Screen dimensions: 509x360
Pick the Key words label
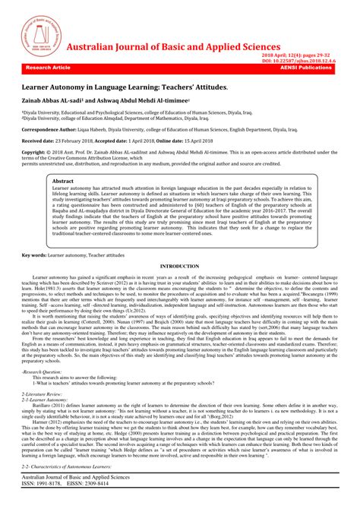(x=35, y=255)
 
